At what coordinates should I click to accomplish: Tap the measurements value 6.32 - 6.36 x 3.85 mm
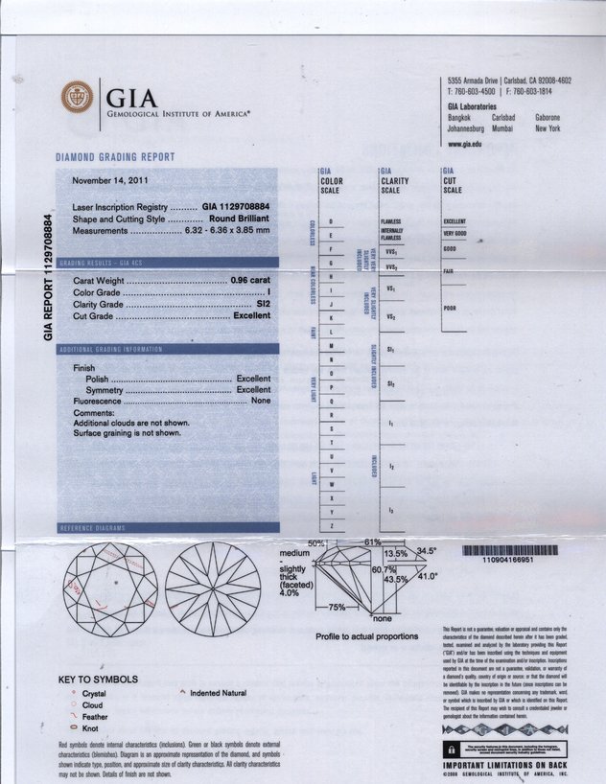point(227,230)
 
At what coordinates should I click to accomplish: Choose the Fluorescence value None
point(261,402)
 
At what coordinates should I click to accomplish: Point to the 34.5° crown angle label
point(427,551)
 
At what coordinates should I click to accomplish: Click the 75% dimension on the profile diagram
point(337,607)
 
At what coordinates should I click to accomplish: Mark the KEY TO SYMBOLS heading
point(99,680)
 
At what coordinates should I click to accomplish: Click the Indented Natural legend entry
point(218,693)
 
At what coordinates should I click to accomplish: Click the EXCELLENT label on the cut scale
point(454,221)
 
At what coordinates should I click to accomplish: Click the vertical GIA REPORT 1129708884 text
point(48,278)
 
